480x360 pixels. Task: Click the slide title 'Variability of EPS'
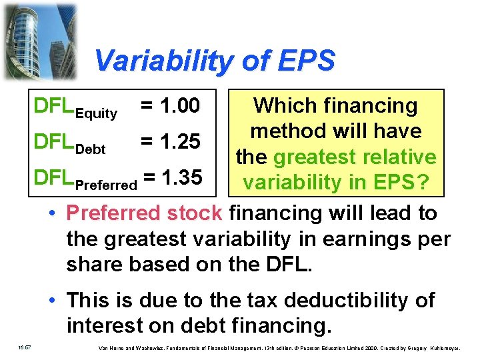(x=214, y=61)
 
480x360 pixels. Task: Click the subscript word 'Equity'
(x=97, y=114)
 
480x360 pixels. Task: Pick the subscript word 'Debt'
(x=91, y=149)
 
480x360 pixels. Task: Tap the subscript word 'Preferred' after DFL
(x=107, y=185)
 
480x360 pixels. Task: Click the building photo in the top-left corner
(x=39, y=40)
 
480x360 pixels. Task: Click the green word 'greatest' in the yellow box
(x=318, y=157)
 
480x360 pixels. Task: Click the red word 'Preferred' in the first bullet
(x=114, y=213)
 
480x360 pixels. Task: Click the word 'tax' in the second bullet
(x=275, y=301)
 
